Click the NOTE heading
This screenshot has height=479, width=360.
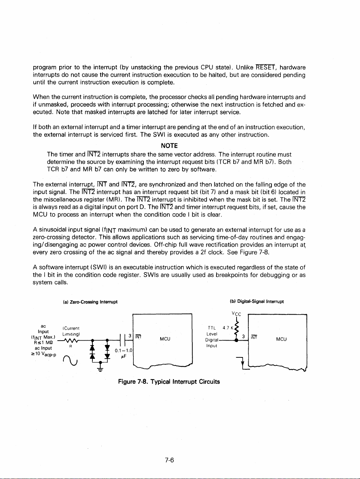(x=169, y=146)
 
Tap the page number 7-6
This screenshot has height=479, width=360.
(x=169, y=460)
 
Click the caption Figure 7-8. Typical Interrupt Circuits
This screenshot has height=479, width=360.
(x=169, y=382)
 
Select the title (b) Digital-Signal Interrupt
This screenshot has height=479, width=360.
(x=257, y=301)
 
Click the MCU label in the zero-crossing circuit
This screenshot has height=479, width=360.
(x=165, y=339)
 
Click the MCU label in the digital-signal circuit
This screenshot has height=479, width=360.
(x=281, y=339)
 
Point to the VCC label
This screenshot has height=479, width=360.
(x=236, y=314)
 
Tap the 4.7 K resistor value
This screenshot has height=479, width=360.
(x=228, y=328)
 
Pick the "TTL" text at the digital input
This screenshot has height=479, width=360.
(x=212, y=328)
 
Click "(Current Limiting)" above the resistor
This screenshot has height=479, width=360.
(x=71, y=331)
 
